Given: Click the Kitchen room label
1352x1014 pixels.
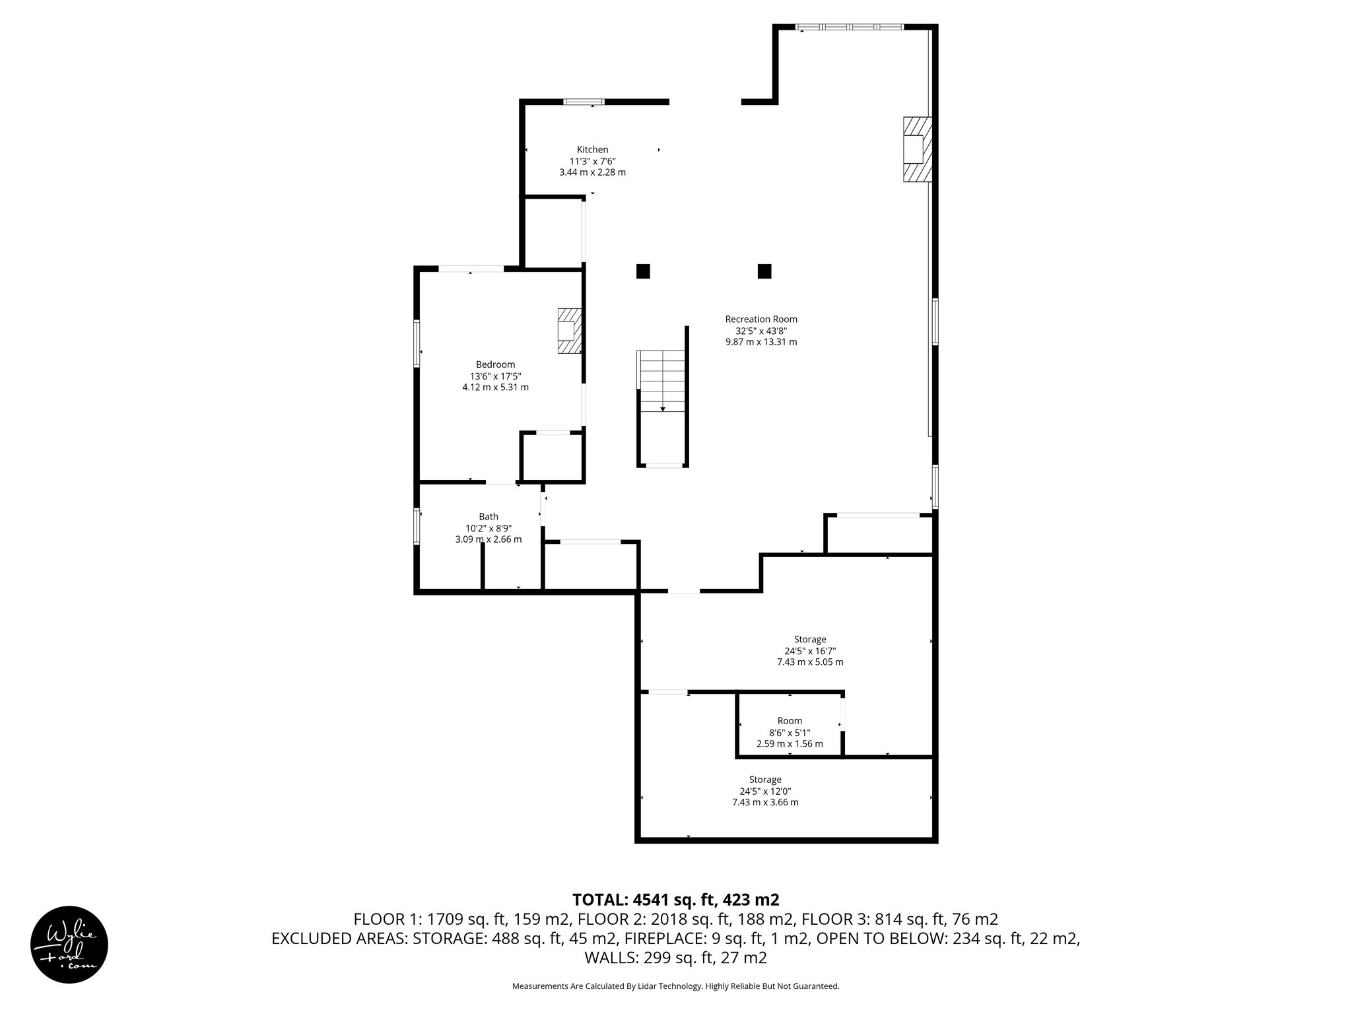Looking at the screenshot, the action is (x=592, y=150).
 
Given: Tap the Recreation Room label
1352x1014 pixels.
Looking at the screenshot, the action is (x=761, y=320).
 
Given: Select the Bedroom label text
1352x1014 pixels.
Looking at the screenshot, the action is (x=495, y=364).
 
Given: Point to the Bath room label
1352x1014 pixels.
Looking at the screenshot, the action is (x=489, y=517).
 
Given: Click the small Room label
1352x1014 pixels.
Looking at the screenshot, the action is (x=790, y=721).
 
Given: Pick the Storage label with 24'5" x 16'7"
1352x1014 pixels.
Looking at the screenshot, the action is (x=810, y=639).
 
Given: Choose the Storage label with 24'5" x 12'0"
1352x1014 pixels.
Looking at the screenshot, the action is (x=765, y=780).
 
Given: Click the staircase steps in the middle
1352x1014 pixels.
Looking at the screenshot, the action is (x=662, y=382).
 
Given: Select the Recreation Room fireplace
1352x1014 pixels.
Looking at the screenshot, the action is (x=918, y=149).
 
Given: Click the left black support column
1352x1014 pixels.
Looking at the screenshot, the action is (x=643, y=271).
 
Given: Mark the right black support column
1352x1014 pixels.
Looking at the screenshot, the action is (x=764, y=271).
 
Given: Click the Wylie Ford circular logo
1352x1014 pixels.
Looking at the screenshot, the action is (x=69, y=944).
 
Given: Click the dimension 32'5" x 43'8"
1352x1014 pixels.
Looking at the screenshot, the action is (x=761, y=331).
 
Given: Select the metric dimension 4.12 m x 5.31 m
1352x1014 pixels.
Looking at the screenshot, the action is (x=495, y=388).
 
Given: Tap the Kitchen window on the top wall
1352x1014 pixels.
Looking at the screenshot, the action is (x=584, y=102).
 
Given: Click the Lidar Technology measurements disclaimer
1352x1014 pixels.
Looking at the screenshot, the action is (x=676, y=1005).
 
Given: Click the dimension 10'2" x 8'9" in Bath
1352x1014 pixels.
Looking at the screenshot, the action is (x=489, y=528).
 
